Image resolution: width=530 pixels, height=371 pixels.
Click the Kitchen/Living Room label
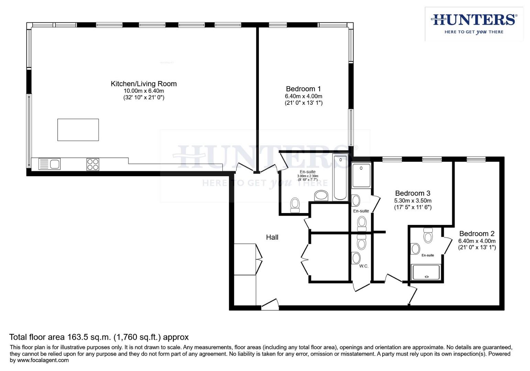(x=143, y=83)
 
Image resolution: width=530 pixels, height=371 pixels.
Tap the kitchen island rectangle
(x=78, y=130)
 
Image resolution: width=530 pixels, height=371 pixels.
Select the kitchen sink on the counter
(x=49, y=164)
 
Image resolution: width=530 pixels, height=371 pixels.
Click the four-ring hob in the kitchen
(x=93, y=164)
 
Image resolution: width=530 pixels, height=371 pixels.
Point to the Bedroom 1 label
(x=303, y=89)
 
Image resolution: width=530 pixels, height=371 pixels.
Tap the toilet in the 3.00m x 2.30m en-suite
(x=295, y=205)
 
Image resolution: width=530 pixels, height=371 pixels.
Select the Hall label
(x=272, y=237)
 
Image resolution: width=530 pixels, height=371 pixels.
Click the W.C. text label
(x=364, y=266)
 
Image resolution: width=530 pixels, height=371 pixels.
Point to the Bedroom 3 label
(x=412, y=193)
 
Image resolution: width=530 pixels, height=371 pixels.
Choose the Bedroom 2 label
(x=477, y=234)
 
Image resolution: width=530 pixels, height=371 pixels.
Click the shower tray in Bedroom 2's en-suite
(x=426, y=272)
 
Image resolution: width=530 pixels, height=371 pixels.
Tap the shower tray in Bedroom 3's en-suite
(x=361, y=175)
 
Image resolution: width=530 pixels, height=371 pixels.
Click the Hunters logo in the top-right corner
(x=474, y=24)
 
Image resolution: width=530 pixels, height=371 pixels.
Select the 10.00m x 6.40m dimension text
(x=144, y=91)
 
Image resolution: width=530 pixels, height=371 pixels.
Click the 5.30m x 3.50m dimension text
(x=412, y=201)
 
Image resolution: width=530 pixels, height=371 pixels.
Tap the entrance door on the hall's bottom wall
(x=270, y=305)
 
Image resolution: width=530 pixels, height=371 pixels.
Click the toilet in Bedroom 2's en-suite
(x=428, y=236)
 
